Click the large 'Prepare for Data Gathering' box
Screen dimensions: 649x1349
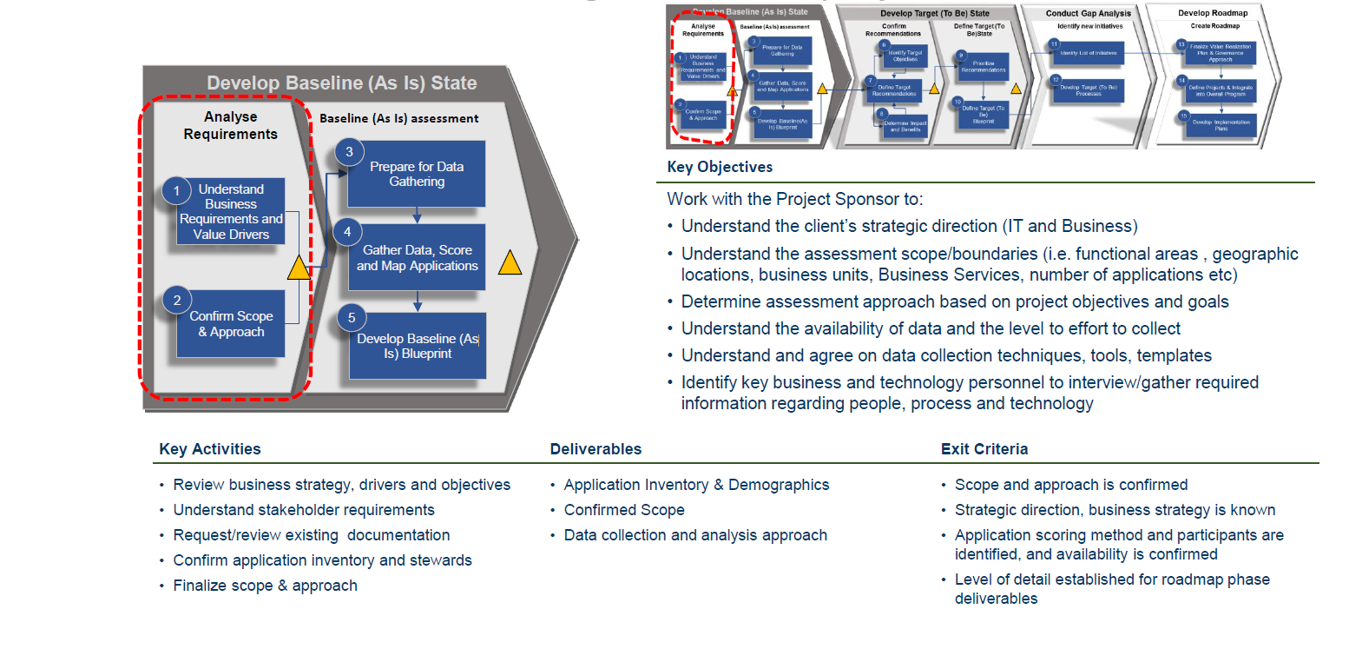point(417,174)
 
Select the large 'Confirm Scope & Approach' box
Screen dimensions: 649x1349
point(231,324)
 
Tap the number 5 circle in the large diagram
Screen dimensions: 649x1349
point(351,318)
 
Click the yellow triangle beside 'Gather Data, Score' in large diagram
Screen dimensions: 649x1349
point(510,262)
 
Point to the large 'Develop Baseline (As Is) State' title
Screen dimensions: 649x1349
point(341,83)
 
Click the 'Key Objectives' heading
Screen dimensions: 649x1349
point(720,167)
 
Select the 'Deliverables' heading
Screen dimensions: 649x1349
point(596,449)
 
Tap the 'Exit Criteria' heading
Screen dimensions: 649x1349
point(984,449)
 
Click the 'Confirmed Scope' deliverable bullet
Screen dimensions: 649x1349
point(624,510)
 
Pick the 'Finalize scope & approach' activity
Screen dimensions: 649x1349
point(265,586)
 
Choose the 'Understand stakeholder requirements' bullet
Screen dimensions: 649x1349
point(304,510)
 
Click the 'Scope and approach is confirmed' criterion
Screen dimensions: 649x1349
point(1071,485)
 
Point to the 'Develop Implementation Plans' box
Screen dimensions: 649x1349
point(1221,124)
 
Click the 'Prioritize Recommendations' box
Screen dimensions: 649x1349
point(984,66)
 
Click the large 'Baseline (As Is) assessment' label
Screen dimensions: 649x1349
point(398,118)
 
